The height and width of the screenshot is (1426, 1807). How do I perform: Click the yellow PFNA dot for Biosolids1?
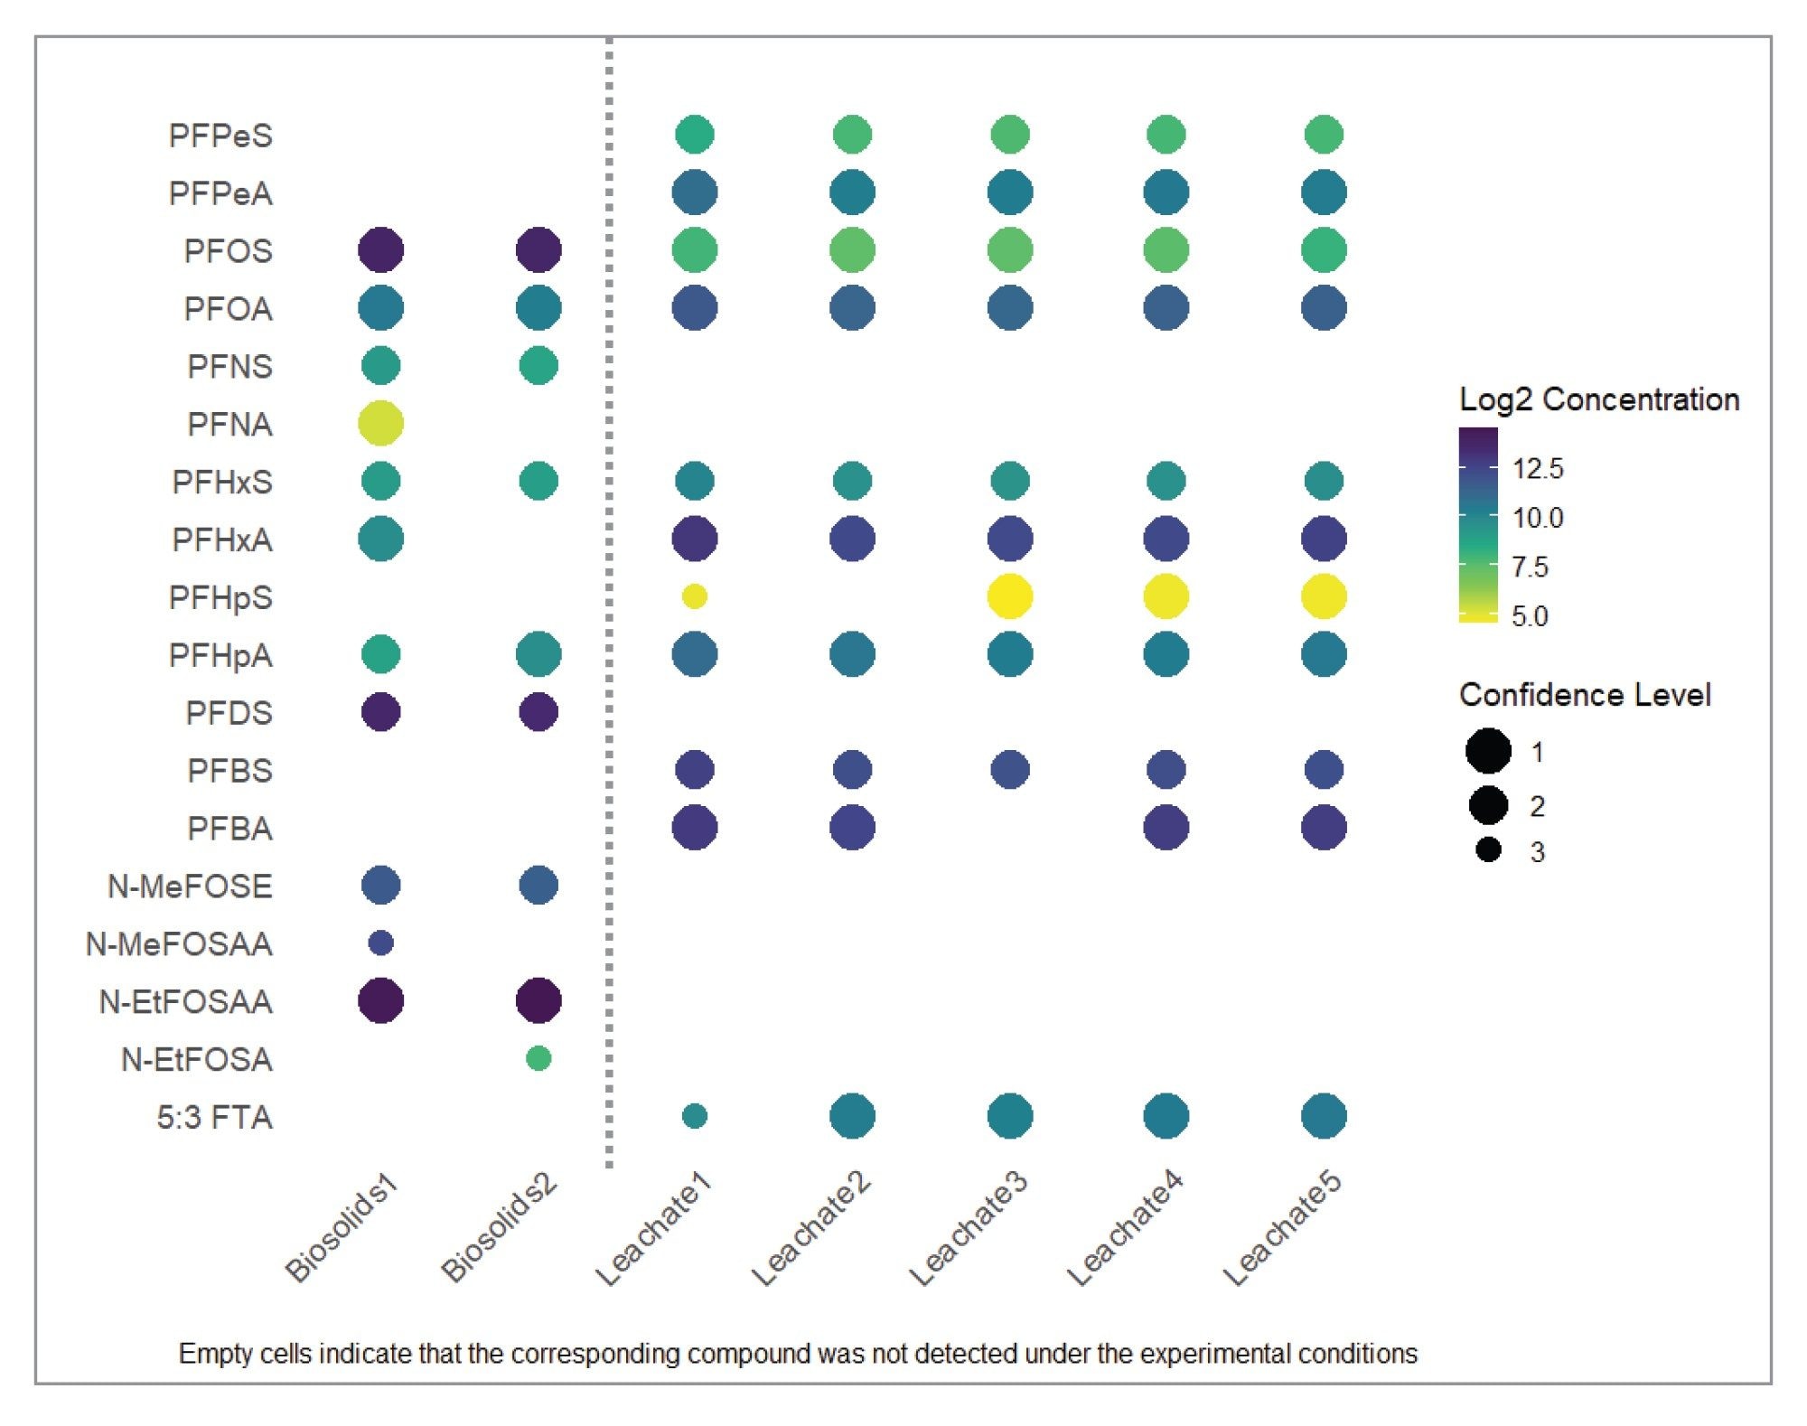point(380,423)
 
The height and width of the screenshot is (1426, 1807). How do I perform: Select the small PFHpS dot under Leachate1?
point(694,596)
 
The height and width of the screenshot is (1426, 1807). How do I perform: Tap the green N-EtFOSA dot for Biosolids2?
point(538,1058)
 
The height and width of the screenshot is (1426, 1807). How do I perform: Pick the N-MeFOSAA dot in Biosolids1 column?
point(380,943)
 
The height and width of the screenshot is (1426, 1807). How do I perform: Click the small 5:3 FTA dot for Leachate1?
point(694,1116)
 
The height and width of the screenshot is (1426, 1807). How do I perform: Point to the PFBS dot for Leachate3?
point(1009,770)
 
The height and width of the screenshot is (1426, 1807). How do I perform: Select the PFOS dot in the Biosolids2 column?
point(538,250)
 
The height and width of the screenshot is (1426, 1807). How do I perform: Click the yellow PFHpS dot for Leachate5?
point(1324,596)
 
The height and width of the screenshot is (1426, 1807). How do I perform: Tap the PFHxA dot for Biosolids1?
point(380,539)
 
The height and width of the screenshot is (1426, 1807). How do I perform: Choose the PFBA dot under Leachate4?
point(1166,828)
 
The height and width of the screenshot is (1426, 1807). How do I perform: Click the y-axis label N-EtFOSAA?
point(185,1001)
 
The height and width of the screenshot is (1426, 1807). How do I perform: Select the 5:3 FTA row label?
point(214,1117)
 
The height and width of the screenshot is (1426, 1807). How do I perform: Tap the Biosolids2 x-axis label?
point(499,1229)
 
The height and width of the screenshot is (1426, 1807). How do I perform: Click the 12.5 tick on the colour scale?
point(1537,469)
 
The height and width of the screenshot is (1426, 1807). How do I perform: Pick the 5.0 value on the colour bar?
point(1529,617)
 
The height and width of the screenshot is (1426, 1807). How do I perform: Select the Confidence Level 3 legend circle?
point(1488,850)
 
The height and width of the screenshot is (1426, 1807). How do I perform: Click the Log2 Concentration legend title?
point(1598,399)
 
